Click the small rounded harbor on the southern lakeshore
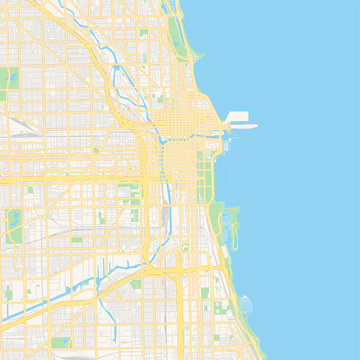click(247, 305)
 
